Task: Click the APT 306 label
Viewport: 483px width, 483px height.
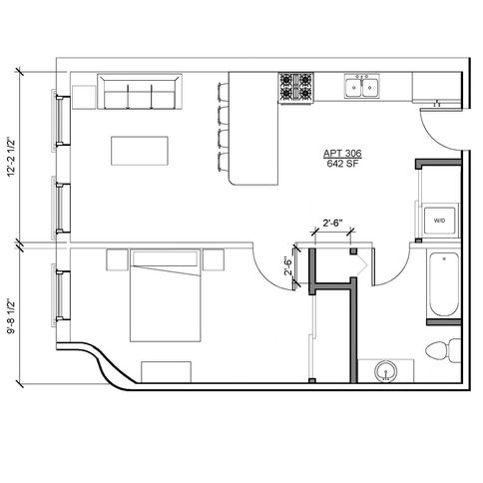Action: tap(342, 154)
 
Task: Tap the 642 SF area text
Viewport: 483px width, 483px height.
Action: tap(342, 164)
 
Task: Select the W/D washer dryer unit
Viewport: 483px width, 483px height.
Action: tap(439, 221)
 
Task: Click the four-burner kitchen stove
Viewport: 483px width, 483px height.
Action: tap(296, 88)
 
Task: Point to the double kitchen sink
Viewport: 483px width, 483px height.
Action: tap(362, 87)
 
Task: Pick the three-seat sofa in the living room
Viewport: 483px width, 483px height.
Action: tap(140, 92)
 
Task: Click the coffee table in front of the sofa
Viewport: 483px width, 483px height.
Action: tap(140, 151)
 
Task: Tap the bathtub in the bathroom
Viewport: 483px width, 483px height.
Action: tap(443, 284)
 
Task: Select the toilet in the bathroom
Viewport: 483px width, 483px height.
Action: tap(443, 351)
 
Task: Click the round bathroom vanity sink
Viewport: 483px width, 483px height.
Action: tap(386, 371)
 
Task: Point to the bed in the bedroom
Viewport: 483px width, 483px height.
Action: tap(166, 295)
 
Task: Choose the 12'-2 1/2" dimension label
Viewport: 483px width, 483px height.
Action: tap(12, 157)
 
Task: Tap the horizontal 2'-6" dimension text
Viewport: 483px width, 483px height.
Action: tap(332, 223)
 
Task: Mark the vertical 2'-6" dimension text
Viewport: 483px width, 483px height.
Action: tap(288, 265)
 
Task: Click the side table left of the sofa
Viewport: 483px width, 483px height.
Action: tap(84, 97)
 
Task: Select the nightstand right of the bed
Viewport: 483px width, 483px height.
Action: tap(214, 259)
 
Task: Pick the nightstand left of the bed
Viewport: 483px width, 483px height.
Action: tap(117, 259)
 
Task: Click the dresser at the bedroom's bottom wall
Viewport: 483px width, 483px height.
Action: tap(166, 372)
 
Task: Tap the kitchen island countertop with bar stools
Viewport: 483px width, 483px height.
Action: tap(253, 129)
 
